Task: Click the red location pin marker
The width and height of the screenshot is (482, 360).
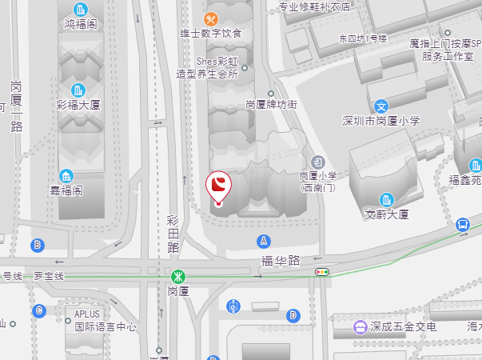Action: (x=218, y=187)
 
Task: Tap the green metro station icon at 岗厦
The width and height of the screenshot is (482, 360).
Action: (x=177, y=276)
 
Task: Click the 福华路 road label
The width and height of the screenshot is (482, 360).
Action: (x=280, y=260)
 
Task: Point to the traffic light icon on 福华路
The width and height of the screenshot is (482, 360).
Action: (x=323, y=273)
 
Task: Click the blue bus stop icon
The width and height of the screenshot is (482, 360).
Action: (x=463, y=225)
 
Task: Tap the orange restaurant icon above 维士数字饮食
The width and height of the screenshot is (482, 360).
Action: (x=211, y=18)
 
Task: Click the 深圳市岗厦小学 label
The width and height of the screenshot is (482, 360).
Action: (x=380, y=121)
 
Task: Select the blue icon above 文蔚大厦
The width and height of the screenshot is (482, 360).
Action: (x=387, y=198)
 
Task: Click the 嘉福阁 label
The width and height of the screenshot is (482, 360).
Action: (x=66, y=190)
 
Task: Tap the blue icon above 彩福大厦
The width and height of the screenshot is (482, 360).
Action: (x=78, y=90)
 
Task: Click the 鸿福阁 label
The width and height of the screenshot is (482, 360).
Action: (x=81, y=24)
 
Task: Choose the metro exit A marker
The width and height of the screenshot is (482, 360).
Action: (x=264, y=240)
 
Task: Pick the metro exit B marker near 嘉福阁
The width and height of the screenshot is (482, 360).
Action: (x=38, y=244)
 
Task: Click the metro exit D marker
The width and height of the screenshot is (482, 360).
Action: (x=293, y=315)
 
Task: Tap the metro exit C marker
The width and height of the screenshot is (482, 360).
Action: (x=39, y=310)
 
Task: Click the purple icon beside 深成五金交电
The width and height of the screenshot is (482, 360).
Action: (x=361, y=326)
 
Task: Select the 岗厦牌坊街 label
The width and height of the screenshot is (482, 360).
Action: (x=271, y=105)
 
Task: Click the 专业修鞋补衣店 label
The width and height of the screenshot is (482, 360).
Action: (x=314, y=8)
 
